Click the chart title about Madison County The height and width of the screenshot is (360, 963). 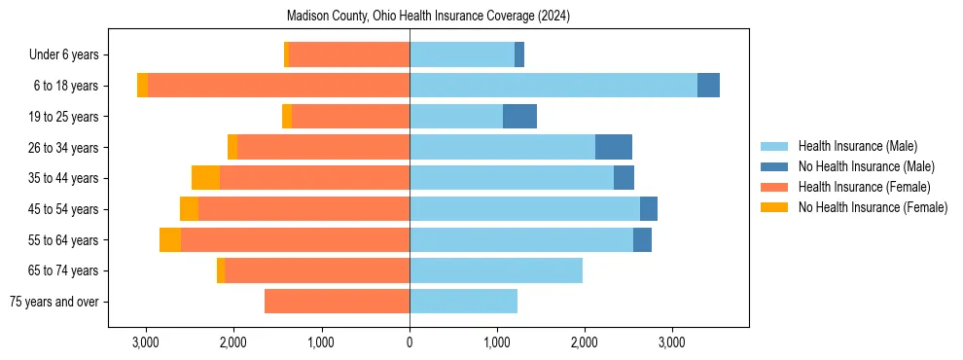tap(428, 17)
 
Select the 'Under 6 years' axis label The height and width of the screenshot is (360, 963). tap(69, 54)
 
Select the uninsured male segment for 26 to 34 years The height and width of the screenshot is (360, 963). tap(614, 147)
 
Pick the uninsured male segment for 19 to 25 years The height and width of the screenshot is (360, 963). tap(519, 117)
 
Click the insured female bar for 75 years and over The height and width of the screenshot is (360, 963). tap(337, 302)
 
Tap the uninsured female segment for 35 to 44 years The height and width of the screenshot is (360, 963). tap(205, 178)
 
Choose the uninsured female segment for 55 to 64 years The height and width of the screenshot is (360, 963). tap(170, 239)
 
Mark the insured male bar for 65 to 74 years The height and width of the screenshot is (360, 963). tap(496, 270)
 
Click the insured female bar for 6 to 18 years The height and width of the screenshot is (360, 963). tap(278, 86)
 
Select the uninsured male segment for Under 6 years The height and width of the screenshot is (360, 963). tap(519, 54)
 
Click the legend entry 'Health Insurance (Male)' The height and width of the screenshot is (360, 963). tap(857, 146)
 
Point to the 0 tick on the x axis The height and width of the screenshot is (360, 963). tap(410, 342)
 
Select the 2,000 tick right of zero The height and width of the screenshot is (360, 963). tap(585, 342)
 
